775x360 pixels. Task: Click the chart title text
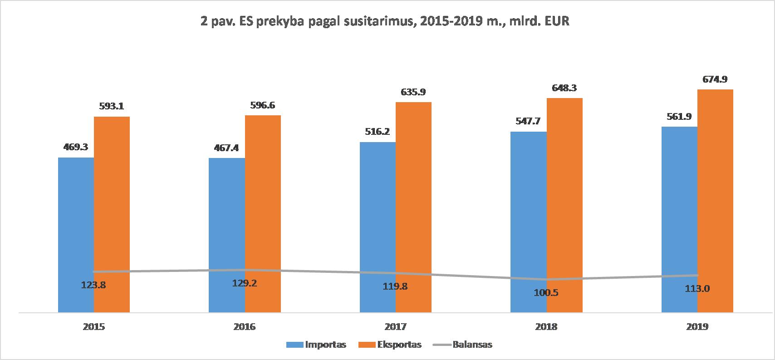coord(385,21)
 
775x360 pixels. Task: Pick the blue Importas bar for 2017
coord(378,227)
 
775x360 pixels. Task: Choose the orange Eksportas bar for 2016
coord(263,214)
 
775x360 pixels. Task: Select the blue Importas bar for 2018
coord(529,222)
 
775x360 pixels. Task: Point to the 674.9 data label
coord(715,79)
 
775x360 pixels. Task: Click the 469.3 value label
coord(75,147)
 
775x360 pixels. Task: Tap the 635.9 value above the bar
coord(413,92)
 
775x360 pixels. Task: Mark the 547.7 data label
coord(529,121)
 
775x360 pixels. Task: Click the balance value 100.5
coord(546,293)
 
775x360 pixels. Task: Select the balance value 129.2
coord(245,283)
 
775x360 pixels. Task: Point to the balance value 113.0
coord(697,289)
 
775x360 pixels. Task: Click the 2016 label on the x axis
coord(245,327)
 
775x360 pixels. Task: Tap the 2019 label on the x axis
coord(697,327)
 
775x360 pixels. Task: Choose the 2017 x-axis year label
coord(396,327)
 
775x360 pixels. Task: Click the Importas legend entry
coord(316,345)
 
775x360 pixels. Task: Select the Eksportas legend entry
coord(390,345)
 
